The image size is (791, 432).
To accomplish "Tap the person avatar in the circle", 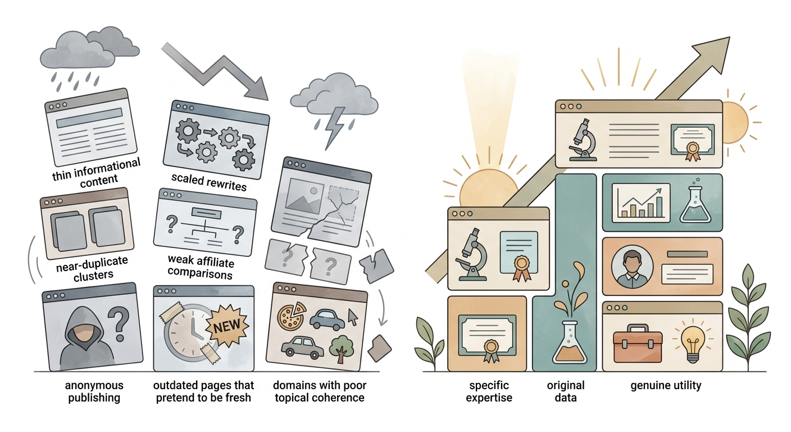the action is (x=632, y=267).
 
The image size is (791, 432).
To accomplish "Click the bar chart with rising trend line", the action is (x=641, y=202).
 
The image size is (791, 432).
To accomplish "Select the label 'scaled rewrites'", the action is (x=209, y=182).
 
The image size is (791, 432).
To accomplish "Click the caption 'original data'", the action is (x=566, y=391).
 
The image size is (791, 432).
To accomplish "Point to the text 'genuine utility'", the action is (x=666, y=385).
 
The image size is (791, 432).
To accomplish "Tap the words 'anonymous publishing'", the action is (x=94, y=391).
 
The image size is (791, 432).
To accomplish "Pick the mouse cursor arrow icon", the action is (x=353, y=317).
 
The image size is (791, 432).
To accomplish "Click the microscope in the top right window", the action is (x=583, y=140).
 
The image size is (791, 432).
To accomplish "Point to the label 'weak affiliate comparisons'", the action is (x=201, y=267).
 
